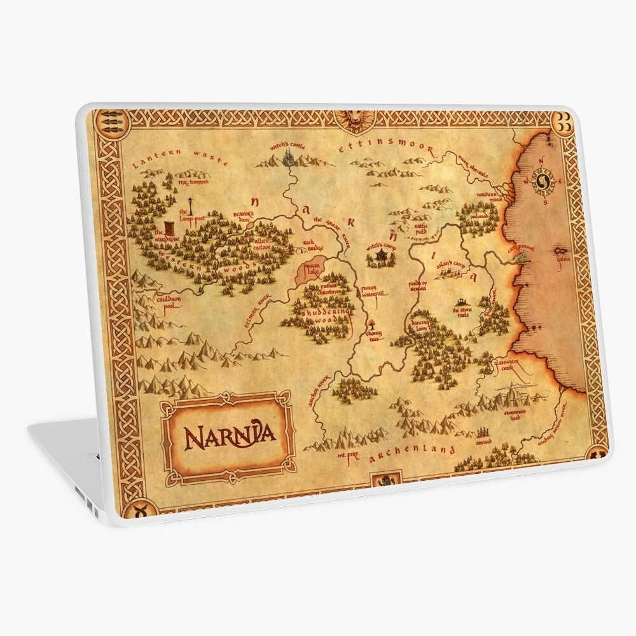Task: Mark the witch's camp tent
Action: coord(380,254)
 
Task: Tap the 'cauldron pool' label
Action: coord(155,300)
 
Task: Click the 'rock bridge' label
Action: coord(310,243)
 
